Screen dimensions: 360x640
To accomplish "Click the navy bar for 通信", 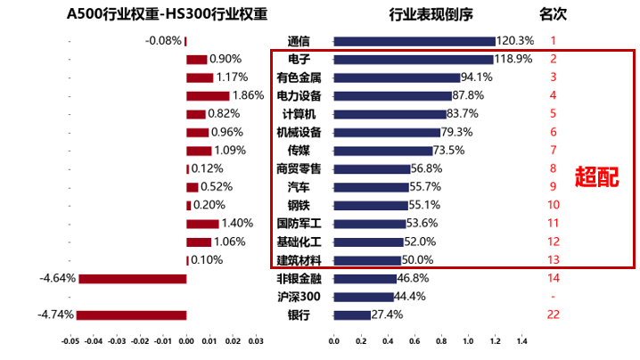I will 414,41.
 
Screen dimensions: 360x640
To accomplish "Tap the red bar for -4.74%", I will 131,315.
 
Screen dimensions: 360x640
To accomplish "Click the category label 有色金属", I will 299,78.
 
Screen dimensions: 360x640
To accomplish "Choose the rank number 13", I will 553,260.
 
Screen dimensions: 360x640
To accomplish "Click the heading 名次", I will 554,14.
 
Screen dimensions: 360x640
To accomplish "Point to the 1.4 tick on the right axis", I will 522,341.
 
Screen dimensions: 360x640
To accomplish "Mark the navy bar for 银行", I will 352,315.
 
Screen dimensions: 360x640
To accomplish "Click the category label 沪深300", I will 299,297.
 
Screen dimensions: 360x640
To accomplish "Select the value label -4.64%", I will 57,278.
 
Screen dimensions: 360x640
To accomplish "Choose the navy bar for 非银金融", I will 365,278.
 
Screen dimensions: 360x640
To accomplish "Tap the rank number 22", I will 553,315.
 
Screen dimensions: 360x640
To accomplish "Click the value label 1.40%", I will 237,224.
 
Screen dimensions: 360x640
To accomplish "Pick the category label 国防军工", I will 299,224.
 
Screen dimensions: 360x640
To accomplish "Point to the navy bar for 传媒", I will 383,151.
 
